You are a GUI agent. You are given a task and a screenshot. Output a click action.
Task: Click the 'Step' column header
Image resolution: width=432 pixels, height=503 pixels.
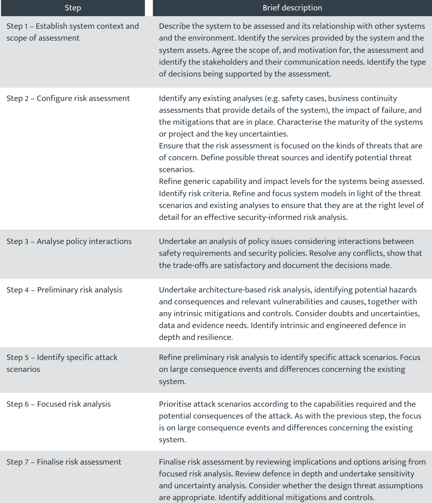tap(73, 8)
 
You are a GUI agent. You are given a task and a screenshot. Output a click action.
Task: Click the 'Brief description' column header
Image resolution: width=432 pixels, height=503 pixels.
tap(292, 8)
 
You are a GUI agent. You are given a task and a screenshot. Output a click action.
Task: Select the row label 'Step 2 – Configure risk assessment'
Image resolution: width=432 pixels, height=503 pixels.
tap(68, 98)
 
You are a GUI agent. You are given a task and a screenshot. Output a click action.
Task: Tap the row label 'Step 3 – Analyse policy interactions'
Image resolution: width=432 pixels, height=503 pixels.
tap(69, 241)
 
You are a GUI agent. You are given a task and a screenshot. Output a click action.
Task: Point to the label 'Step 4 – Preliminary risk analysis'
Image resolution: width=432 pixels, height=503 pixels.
tap(64, 290)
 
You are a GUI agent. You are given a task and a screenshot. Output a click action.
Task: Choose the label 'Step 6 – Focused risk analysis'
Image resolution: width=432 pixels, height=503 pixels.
tap(59, 404)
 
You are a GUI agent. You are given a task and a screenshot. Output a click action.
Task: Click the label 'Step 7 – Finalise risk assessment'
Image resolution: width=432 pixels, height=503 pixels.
tap(64, 462)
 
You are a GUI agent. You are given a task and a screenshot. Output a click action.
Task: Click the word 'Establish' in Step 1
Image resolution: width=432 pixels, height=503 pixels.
tap(51, 26)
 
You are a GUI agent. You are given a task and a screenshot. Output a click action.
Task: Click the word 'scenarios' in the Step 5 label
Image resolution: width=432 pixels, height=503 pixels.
tap(23, 369)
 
